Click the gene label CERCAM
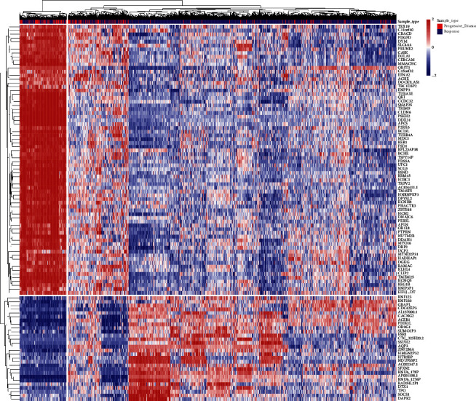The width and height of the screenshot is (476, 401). (408, 59)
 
